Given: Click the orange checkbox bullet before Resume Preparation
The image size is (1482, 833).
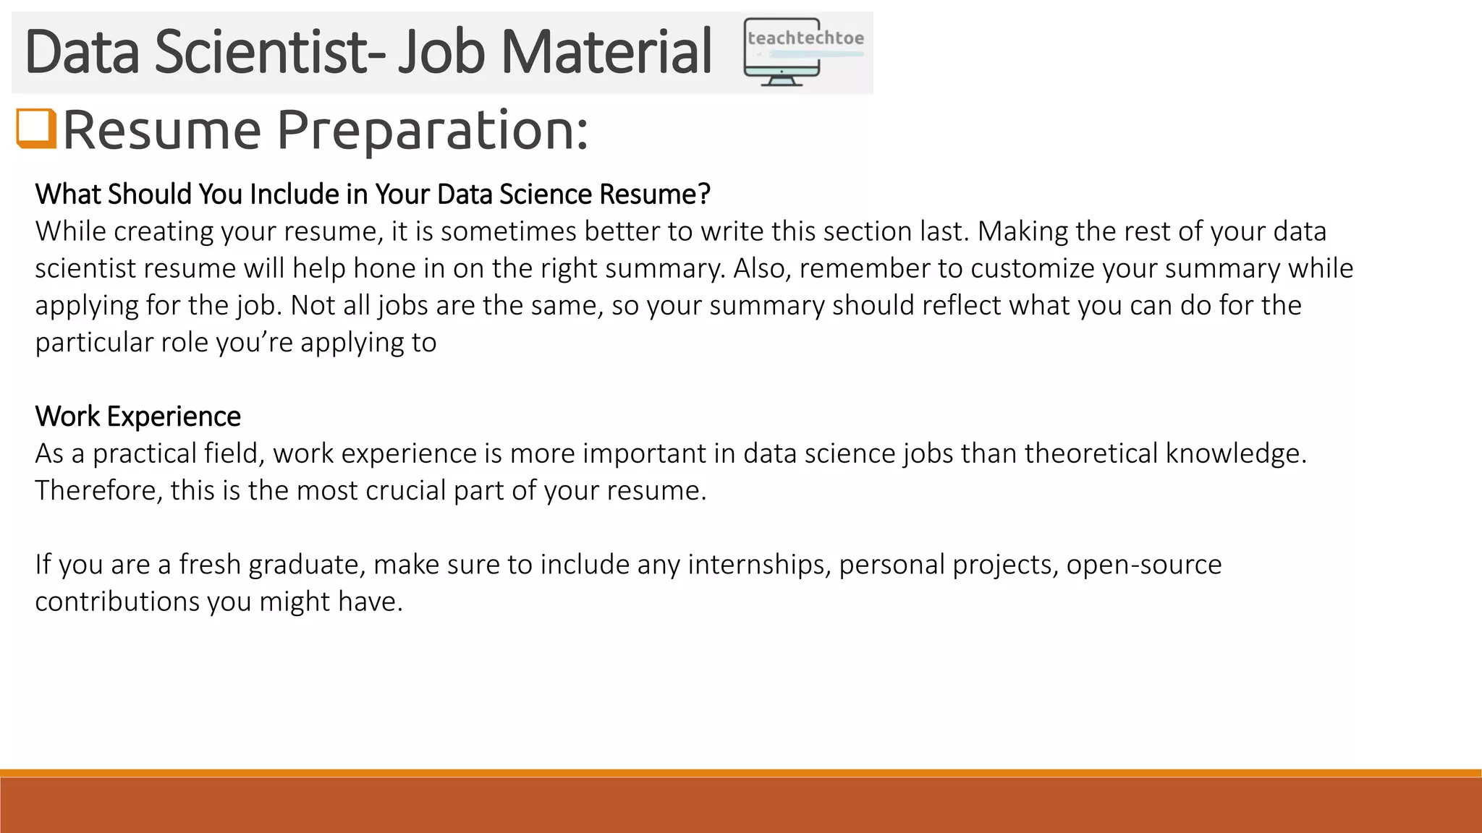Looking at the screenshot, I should pyautogui.click(x=36, y=129).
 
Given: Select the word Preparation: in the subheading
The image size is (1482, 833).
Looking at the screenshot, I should pyautogui.click(x=432, y=130).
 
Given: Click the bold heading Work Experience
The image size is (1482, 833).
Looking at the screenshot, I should pyautogui.click(x=137, y=416).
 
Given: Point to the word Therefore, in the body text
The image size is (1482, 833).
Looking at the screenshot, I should pyautogui.click(x=98, y=490).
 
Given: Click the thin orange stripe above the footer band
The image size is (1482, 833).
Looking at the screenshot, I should pyautogui.click(x=741, y=773).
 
